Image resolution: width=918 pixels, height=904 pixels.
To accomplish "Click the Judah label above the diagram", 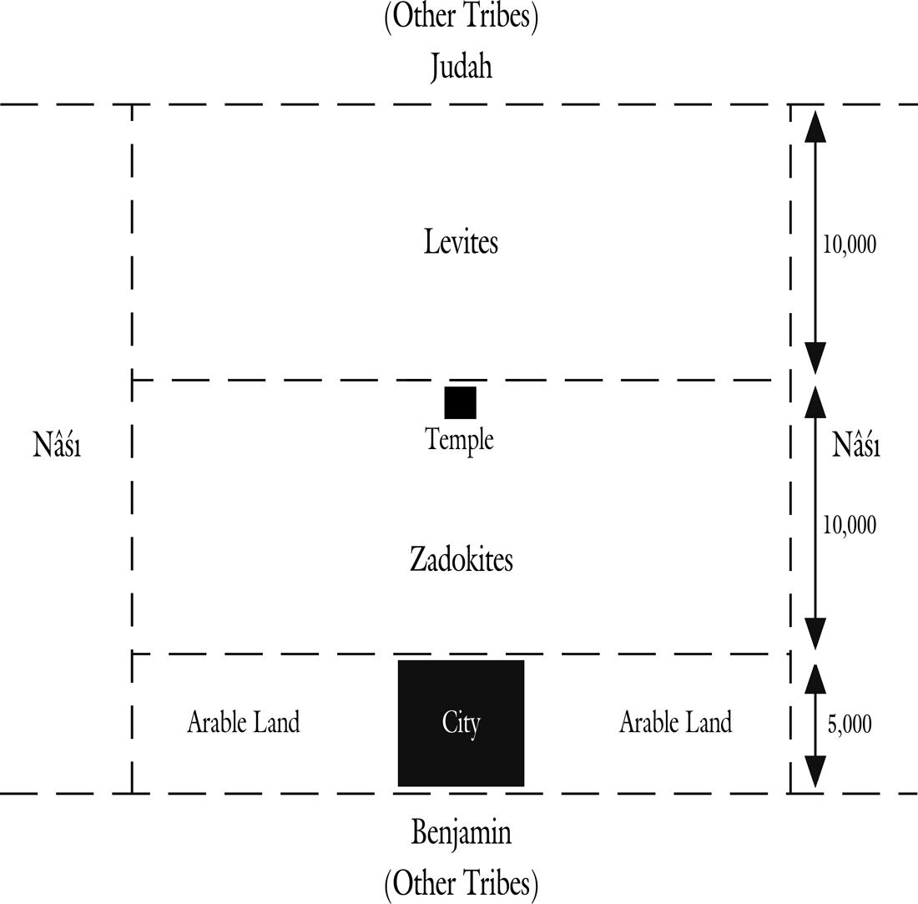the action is pos(462,67).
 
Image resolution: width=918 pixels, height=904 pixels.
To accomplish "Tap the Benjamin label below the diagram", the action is pos(462,833).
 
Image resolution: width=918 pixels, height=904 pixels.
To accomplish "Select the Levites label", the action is pos(462,242).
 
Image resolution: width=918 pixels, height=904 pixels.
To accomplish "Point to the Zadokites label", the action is pos(462,559).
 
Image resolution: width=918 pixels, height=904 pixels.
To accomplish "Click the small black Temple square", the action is pos(460,403).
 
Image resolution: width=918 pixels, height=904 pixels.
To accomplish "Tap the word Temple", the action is pos(460,439).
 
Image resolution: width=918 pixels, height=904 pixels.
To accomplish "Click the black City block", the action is pos(462,723).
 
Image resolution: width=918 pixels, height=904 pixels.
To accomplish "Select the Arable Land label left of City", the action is pos(244,722).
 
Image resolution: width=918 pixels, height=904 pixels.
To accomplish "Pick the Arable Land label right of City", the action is pos(676,722).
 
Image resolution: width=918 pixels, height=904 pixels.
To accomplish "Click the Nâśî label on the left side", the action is pos(57,444).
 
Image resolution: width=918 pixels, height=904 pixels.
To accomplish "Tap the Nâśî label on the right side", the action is pos(856,444).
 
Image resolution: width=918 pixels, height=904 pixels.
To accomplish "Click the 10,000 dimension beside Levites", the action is pos(850,245).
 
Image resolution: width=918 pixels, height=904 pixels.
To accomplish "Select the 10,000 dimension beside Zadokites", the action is pos(850,525).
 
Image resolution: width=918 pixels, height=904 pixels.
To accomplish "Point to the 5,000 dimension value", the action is pos(850,725).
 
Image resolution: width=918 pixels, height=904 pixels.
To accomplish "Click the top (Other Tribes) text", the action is pos(462,17).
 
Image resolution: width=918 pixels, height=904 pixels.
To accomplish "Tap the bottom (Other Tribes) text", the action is pos(462,883).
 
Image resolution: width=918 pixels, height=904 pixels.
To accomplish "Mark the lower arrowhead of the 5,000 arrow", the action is pos(815,772).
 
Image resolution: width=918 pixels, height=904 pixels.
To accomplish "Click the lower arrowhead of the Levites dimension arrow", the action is pos(815,358).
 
